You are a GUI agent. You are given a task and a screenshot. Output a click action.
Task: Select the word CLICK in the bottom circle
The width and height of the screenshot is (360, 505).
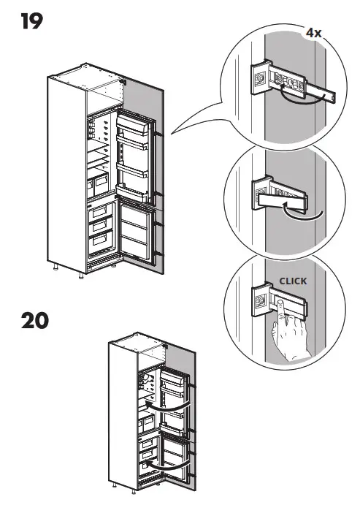[293, 280]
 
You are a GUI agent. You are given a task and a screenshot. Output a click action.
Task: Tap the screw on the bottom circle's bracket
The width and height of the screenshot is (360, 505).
[259, 299]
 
